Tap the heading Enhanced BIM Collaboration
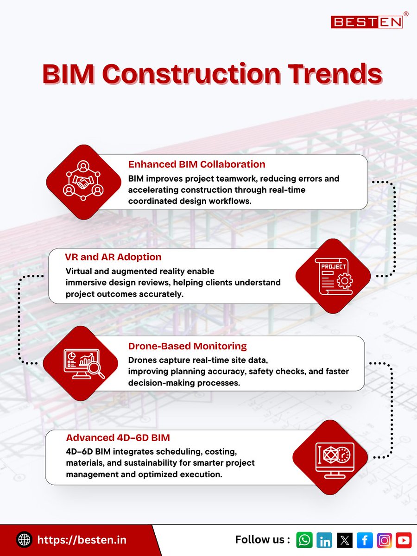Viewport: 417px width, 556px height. click(x=196, y=164)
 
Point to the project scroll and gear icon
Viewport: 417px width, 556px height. click(x=333, y=276)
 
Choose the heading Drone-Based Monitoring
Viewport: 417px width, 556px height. click(x=187, y=346)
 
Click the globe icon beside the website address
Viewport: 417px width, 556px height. click(x=24, y=540)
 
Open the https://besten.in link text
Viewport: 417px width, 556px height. click(x=82, y=540)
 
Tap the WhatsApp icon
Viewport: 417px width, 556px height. click(x=304, y=540)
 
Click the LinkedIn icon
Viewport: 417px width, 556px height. click(x=325, y=540)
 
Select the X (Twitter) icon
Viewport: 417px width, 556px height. click(x=345, y=540)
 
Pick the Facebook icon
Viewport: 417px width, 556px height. click(x=365, y=540)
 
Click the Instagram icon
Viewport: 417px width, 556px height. click(x=384, y=540)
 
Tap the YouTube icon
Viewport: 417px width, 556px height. click(x=404, y=540)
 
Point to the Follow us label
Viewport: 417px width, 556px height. click(x=263, y=540)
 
